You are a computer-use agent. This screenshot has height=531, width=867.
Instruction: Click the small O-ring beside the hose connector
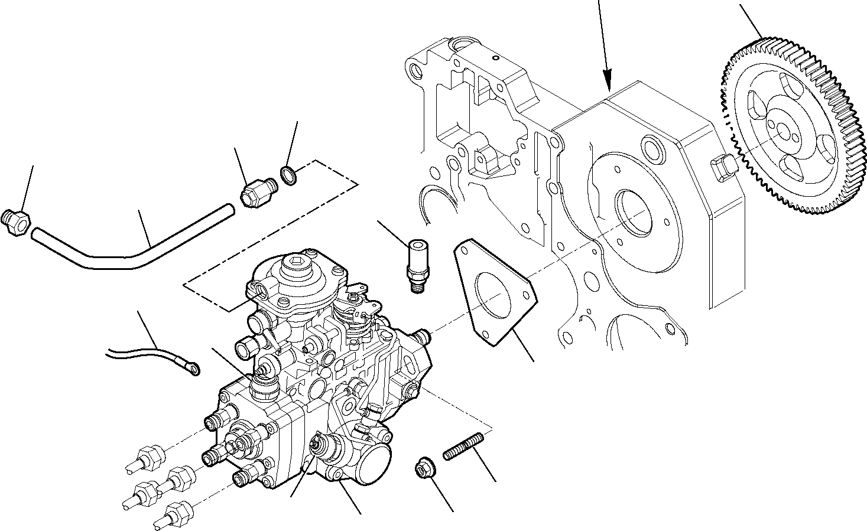point(289,175)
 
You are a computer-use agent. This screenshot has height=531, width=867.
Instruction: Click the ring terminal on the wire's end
point(193,369)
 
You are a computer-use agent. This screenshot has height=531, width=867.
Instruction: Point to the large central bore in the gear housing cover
point(632,210)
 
